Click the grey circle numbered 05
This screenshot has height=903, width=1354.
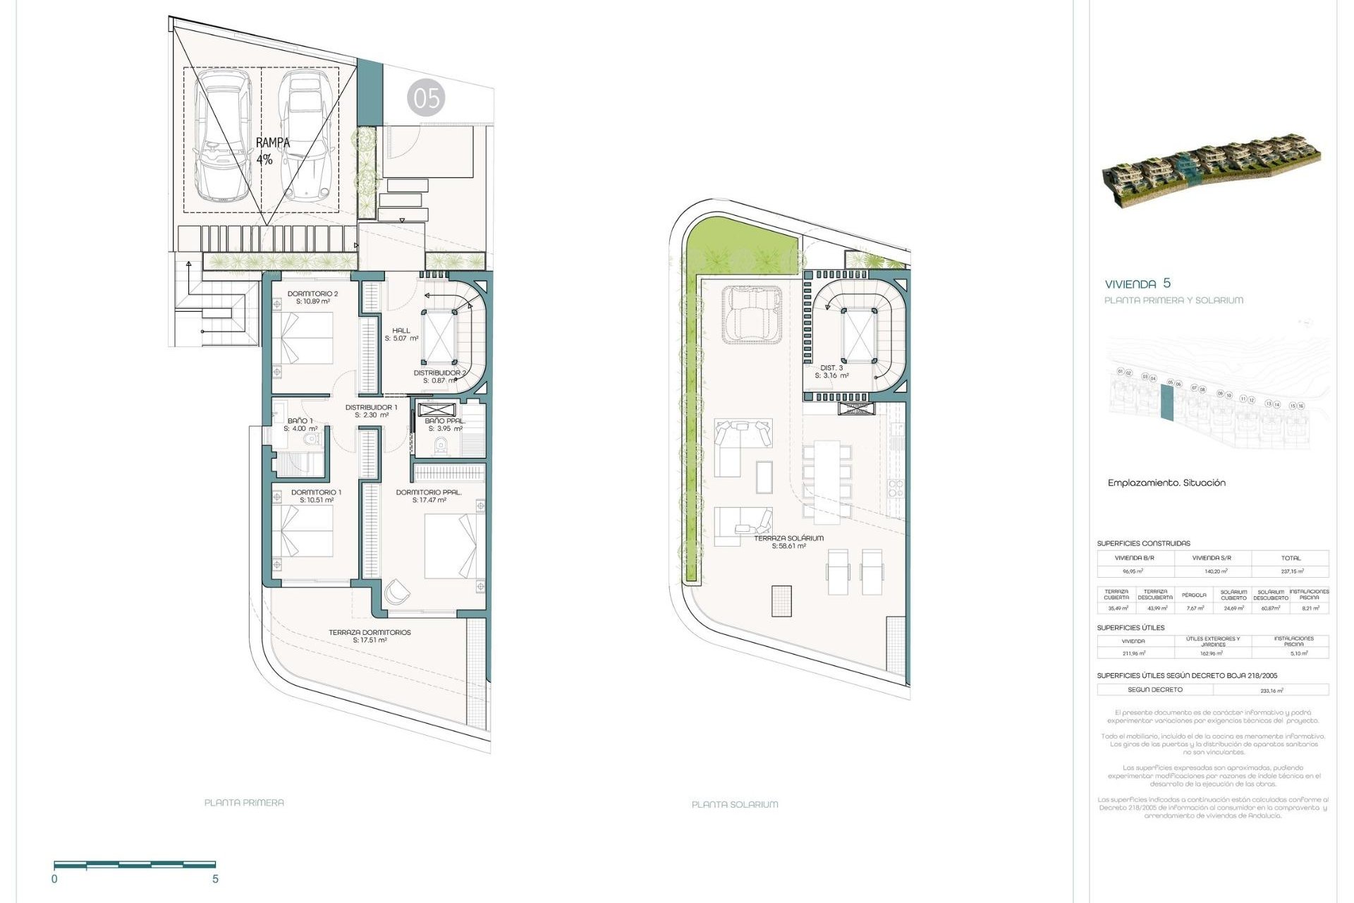(426, 98)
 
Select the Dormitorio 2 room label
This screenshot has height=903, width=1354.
(312, 297)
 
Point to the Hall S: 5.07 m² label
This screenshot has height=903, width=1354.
(401, 334)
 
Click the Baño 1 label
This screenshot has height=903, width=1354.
(300, 425)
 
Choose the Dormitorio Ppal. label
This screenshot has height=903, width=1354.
(429, 496)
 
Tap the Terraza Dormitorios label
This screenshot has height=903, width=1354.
(370, 636)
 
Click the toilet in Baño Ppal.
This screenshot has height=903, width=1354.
(441, 446)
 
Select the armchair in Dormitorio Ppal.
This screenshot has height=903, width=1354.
(396, 592)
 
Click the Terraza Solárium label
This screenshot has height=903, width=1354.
(788, 542)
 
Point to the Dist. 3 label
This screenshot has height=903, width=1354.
(831, 372)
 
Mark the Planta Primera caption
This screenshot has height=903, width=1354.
(244, 803)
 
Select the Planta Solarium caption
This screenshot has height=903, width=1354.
(735, 804)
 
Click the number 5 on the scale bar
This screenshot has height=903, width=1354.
(215, 879)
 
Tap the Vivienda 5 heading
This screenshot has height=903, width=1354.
(1138, 284)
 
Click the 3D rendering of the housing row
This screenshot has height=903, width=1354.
(1211, 174)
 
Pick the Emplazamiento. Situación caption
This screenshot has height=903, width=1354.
(1166, 483)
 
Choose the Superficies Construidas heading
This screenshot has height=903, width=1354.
(1143, 543)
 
